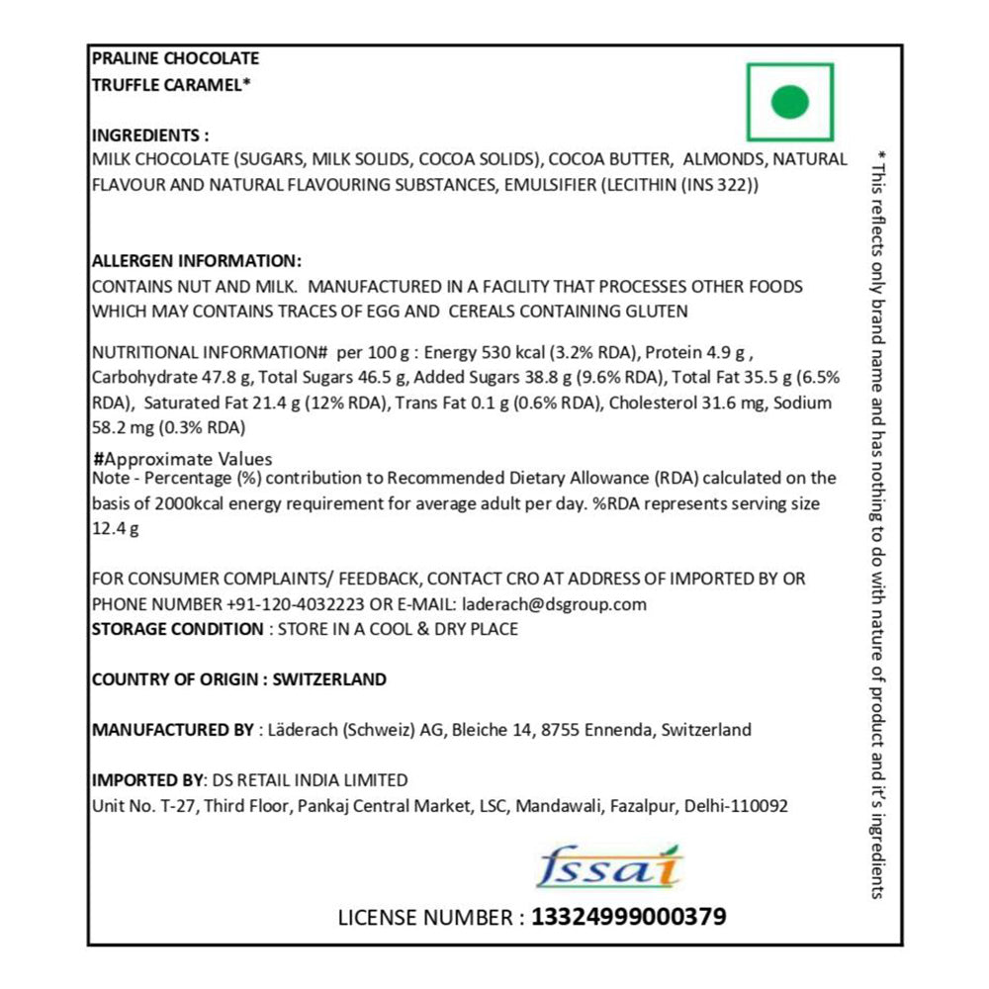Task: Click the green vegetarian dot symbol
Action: (x=789, y=102)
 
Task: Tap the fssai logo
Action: (x=609, y=867)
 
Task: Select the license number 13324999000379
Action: (x=628, y=917)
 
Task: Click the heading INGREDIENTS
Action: (x=149, y=135)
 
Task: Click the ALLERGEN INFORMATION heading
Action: (x=196, y=261)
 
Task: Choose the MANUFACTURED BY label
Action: (x=172, y=730)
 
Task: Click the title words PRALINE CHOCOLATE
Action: (x=175, y=59)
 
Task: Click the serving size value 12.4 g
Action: (x=115, y=528)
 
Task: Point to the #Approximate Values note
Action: (x=182, y=459)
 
